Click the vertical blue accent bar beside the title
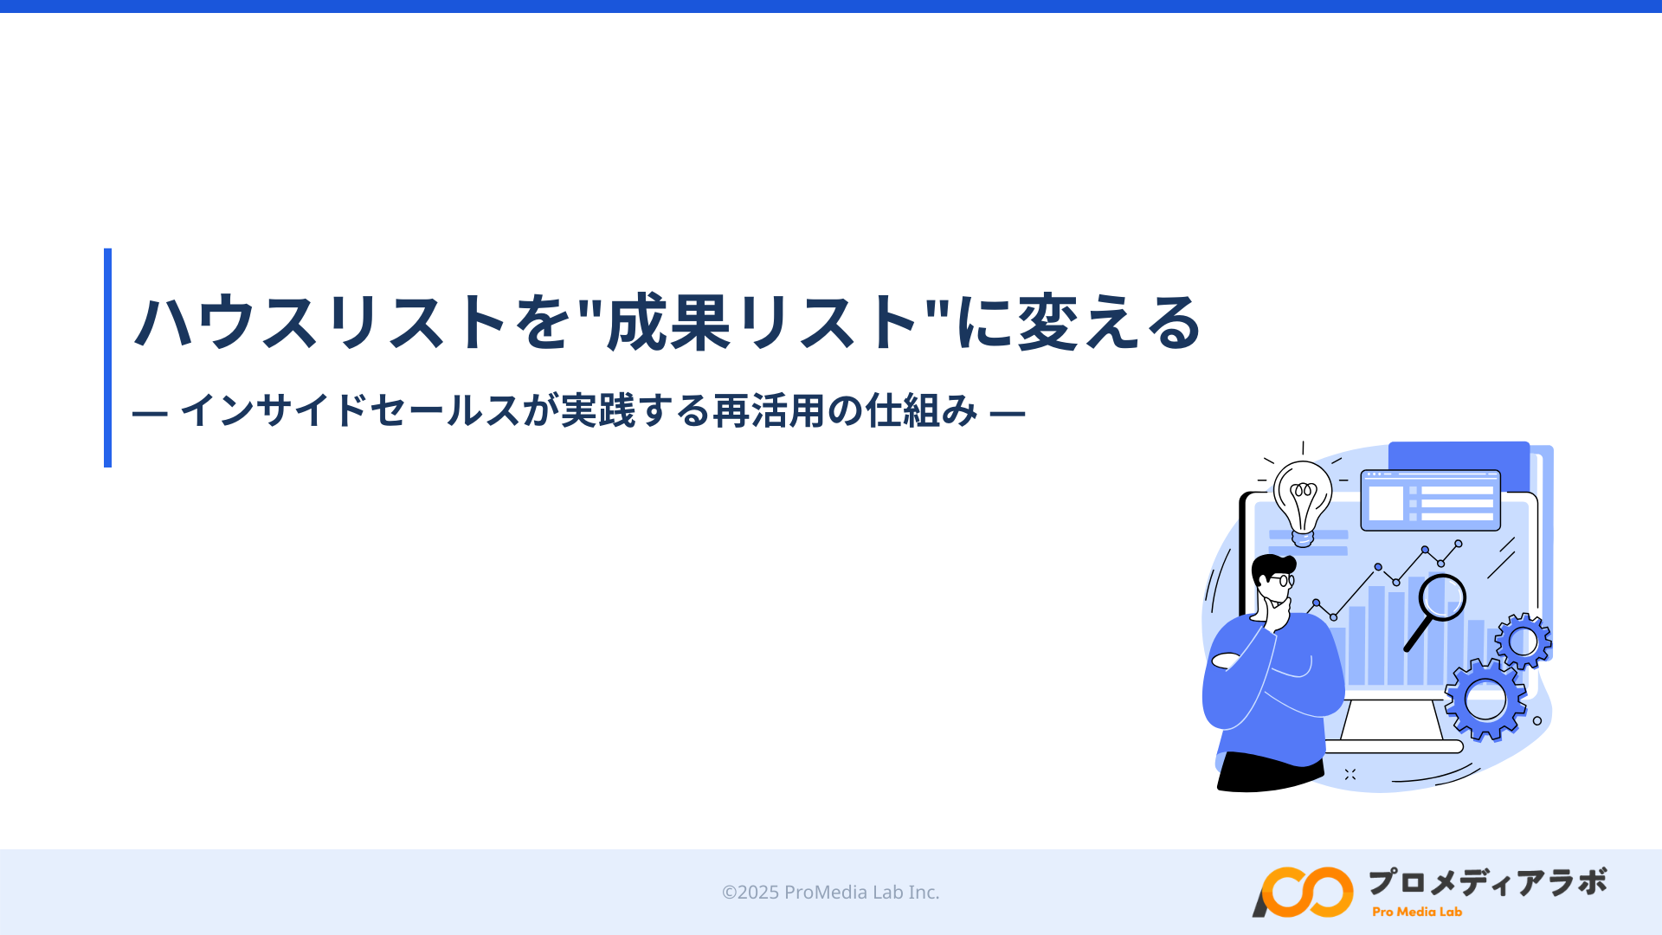point(107,358)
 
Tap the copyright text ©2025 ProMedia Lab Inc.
point(830,892)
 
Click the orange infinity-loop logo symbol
point(1303,892)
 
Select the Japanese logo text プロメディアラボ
point(1487,882)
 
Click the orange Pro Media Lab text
point(1417,912)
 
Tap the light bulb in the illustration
point(1303,498)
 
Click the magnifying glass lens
point(1442,596)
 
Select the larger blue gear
point(1485,700)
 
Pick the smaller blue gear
point(1523,642)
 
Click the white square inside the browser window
point(1385,503)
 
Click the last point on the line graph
point(1459,544)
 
